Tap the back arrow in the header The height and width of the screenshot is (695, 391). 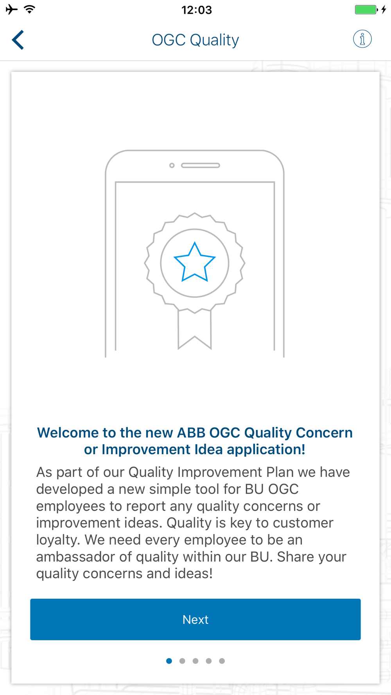18,40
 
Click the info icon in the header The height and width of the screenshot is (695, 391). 362,39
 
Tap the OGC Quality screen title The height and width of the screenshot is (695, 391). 195,40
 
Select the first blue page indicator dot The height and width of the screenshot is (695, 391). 169,661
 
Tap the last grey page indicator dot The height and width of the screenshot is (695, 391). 222,661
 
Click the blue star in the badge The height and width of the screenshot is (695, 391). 195,262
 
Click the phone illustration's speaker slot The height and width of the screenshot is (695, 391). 201,165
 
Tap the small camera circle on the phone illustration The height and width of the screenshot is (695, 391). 172,165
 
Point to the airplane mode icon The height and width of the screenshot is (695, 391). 12,9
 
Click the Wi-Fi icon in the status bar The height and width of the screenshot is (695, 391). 30,9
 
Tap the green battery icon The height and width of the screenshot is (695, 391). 366,9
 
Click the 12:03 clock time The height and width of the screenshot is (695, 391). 197,10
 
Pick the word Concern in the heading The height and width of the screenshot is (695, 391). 324,433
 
